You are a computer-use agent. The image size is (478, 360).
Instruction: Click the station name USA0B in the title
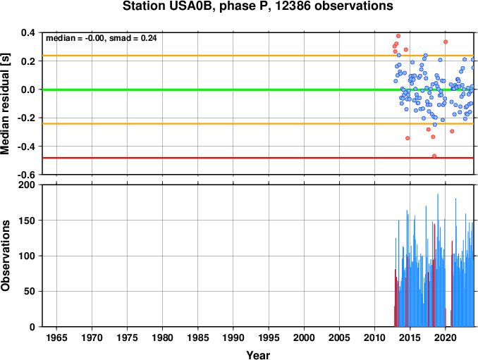coord(188,6)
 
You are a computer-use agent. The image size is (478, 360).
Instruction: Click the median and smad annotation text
coord(102,38)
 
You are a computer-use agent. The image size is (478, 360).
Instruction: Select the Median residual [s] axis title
coord(5,104)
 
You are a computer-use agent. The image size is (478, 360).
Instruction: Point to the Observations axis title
coord(5,256)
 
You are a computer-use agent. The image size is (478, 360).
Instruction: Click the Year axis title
coord(258,355)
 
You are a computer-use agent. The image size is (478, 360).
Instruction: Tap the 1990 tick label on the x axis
coord(233,337)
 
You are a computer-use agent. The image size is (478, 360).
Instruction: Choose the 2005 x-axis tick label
coord(339,337)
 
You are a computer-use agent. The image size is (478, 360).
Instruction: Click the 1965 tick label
coord(56,337)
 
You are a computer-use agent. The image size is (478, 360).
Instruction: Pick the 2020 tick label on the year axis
coord(446,337)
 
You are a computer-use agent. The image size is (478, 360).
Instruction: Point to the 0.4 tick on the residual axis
coord(27,32)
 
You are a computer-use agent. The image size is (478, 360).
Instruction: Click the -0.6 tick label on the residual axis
coord(26,175)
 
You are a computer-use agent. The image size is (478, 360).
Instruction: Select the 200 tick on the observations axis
coord(27,185)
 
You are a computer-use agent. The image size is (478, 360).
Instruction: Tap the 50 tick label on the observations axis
coord(30,292)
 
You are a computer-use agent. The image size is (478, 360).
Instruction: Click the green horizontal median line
coord(258,89)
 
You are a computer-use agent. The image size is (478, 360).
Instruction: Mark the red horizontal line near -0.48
coord(258,158)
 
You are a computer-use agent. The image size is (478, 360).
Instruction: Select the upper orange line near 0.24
coord(258,56)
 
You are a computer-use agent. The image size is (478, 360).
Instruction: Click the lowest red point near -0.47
coord(434,156)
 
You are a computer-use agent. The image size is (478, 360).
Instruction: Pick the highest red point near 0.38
coord(398,36)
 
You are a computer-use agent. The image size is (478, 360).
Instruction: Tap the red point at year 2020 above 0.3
coord(446,42)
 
